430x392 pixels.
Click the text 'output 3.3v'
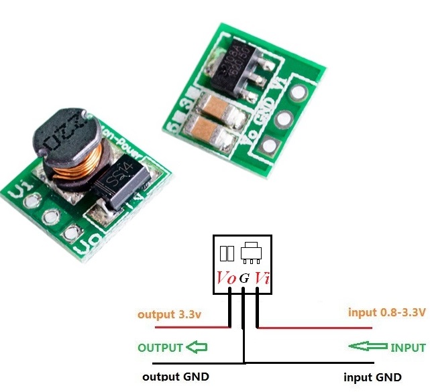click(x=170, y=314)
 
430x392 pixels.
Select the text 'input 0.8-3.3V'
click(x=386, y=312)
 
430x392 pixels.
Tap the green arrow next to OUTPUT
click(x=197, y=347)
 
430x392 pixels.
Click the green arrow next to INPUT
click(x=368, y=346)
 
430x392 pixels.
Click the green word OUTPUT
click(x=160, y=348)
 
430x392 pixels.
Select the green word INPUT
click(x=408, y=348)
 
